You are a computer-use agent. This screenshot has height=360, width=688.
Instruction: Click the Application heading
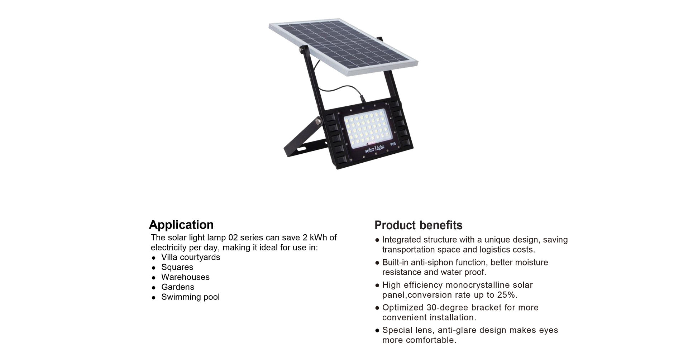(x=181, y=225)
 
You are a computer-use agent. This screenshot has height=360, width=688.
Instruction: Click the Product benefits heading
(x=418, y=225)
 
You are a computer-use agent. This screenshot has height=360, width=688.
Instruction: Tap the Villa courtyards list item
(x=191, y=257)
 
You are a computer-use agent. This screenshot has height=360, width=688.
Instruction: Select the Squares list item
(x=177, y=267)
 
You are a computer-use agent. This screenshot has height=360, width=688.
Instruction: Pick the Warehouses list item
(x=185, y=277)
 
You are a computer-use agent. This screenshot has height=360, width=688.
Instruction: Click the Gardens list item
(x=178, y=287)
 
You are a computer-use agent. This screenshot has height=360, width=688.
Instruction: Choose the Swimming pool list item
(x=190, y=297)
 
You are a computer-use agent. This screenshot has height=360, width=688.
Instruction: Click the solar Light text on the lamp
(x=374, y=149)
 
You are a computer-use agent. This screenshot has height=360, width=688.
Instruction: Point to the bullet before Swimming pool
(x=154, y=297)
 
